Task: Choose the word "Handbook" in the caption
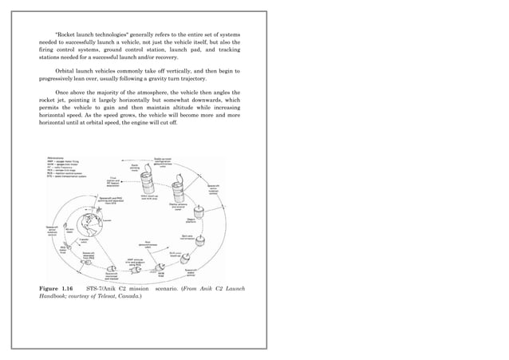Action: coord(55,297)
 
